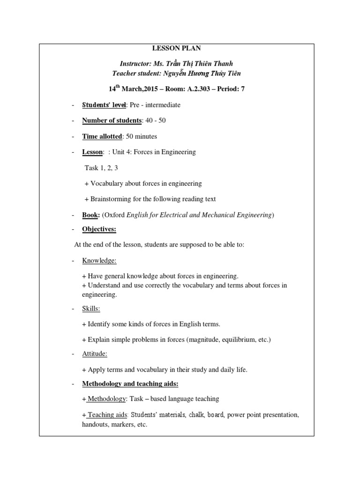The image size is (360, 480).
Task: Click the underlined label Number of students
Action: [x=112, y=120]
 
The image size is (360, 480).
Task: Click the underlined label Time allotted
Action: [x=102, y=136]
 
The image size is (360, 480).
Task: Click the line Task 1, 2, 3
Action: [x=101, y=168]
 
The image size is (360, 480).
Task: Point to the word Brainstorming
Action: [x=112, y=199]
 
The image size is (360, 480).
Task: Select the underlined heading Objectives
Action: [x=99, y=229]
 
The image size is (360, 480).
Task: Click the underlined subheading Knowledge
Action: [x=99, y=260]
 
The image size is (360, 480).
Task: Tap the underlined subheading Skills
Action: [x=91, y=308]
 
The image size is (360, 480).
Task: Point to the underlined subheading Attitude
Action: [x=95, y=354]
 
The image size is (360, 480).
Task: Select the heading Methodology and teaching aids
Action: [x=130, y=384]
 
